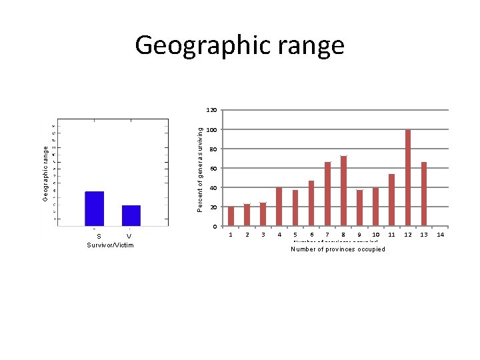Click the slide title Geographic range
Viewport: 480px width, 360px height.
pos(239,45)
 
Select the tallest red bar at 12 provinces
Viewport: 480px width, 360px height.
pos(408,177)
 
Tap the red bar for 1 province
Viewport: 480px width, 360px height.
pos(231,216)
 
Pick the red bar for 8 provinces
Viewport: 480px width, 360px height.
pos(343,191)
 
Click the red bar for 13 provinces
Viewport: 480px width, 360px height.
pos(424,193)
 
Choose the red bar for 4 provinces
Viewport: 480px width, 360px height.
pos(279,207)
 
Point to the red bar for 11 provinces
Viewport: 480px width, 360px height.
pos(392,199)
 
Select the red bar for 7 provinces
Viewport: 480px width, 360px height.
pos(327,193)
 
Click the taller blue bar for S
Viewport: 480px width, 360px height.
pos(95,208)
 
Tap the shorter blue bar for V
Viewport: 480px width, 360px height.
pos(131,215)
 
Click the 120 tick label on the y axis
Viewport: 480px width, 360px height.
pos(210,110)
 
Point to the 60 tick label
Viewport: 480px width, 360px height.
pos(212,169)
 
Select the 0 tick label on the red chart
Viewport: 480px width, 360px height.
pos(215,227)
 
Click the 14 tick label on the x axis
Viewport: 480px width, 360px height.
pos(440,235)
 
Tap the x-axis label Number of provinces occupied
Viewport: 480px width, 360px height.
pos(338,249)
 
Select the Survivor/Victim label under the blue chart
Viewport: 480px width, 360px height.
pos(110,245)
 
